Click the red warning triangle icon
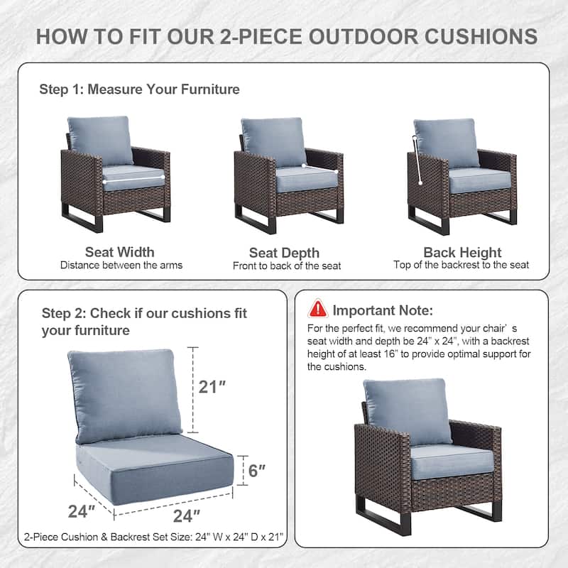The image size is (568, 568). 317,309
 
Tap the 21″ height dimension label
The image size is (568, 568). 212,387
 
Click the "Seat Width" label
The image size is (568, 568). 119,252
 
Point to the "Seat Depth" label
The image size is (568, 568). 284,253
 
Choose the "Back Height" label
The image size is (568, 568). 462,252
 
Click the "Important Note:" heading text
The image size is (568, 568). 382,310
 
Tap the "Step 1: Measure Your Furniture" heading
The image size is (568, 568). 139,89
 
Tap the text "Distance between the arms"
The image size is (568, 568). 121,266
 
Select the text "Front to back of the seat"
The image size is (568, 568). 287,266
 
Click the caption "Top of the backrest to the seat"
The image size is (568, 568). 461,265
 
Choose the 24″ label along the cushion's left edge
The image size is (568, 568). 82,510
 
